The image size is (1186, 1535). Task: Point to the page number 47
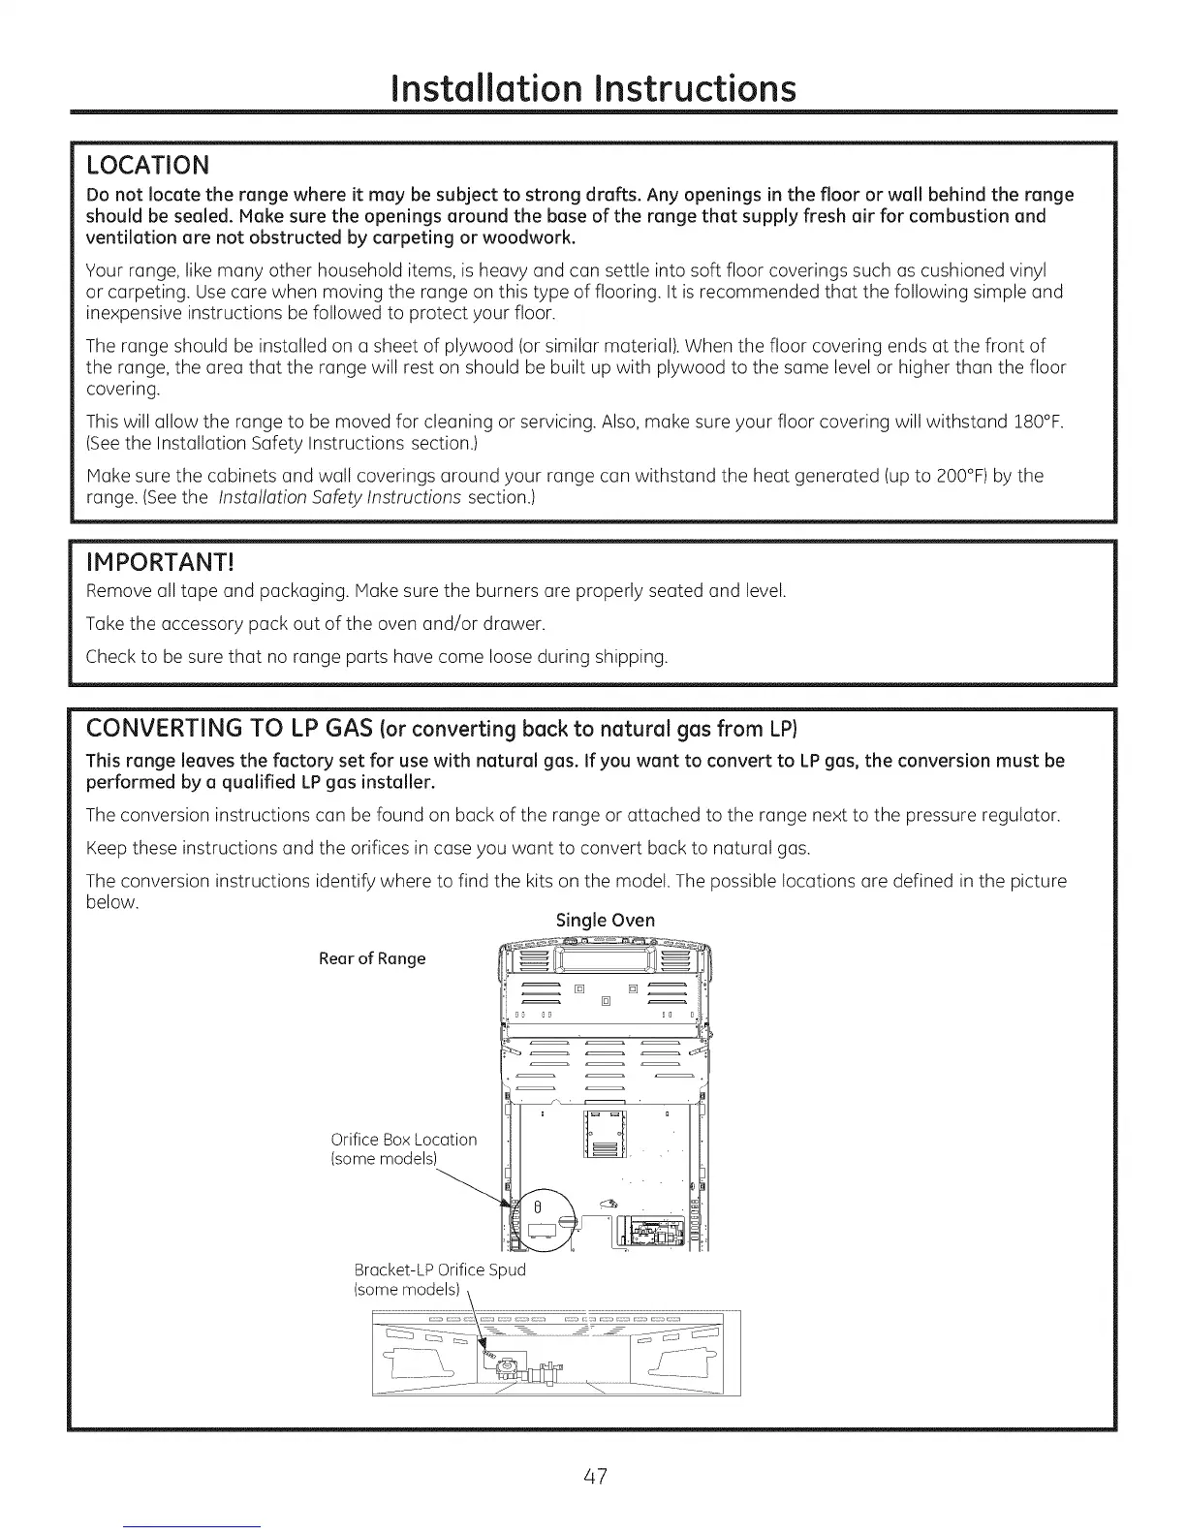(594, 1477)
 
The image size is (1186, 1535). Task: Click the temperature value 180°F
(1043, 423)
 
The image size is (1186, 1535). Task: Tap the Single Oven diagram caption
(606, 920)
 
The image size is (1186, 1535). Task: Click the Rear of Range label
(372, 958)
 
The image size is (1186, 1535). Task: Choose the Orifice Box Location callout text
(404, 1140)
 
